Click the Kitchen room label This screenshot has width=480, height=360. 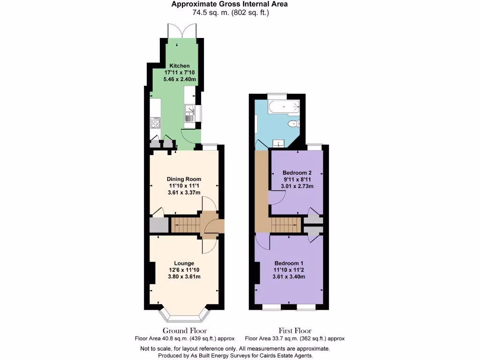(180, 66)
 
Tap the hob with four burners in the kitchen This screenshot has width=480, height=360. (155, 123)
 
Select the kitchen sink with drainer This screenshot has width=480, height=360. (190, 114)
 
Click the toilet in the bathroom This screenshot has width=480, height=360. (292, 124)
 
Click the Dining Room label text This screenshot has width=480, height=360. (184, 179)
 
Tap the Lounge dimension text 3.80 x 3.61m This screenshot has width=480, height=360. (184, 277)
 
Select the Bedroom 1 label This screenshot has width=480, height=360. (289, 263)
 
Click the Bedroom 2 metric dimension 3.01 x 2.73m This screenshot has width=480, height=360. (297, 186)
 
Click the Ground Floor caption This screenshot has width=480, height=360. (185, 331)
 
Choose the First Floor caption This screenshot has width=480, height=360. (295, 331)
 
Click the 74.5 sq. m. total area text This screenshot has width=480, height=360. (210, 13)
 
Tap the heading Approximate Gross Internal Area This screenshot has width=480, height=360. (229, 4)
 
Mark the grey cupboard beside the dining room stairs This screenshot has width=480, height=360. (159, 225)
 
